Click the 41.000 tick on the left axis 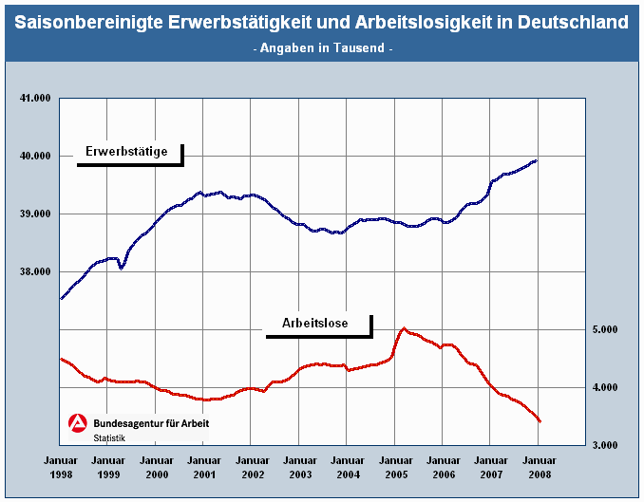(x=34, y=98)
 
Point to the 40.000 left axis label (x=34, y=156)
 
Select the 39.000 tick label (x=34, y=214)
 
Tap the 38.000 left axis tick (x=34, y=271)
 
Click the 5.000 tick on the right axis (x=604, y=329)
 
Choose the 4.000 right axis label (x=604, y=387)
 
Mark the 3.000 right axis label (x=604, y=445)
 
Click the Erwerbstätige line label (x=126, y=151)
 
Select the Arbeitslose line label (x=314, y=324)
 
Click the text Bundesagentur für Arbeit (x=151, y=423)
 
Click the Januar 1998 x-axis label (x=60, y=466)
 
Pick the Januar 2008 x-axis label (x=539, y=466)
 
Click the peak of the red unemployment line (x=405, y=328)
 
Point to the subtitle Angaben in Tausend (x=323, y=47)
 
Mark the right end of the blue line (x=537, y=161)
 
